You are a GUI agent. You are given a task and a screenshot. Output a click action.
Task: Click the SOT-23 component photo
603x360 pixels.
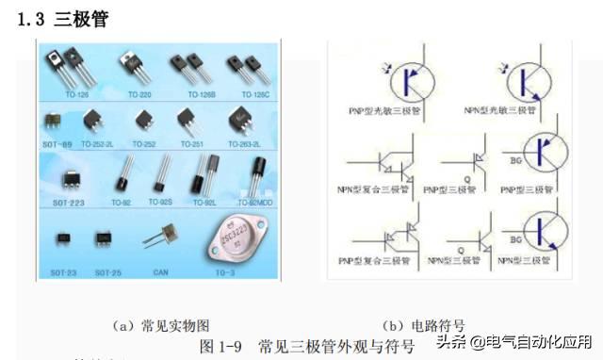point(63,238)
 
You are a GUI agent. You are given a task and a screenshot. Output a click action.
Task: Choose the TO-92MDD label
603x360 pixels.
point(254,202)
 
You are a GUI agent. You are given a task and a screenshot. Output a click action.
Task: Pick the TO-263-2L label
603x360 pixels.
point(242,144)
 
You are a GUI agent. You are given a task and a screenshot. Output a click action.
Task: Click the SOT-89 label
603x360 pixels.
point(57,144)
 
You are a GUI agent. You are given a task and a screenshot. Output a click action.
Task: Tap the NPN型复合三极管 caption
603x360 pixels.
point(374,189)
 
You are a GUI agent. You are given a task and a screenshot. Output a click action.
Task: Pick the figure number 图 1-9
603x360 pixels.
point(222,346)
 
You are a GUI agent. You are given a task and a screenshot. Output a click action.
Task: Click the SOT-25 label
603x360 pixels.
point(108,271)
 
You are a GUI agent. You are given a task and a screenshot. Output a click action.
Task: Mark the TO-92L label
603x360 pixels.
point(205,202)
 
